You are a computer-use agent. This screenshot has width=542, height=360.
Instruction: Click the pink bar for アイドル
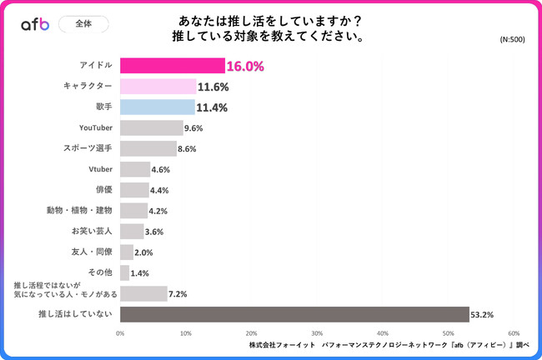pyautogui.click(x=172, y=66)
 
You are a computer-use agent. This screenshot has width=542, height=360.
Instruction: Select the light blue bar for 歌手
pyautogui.click(x=157, y=107)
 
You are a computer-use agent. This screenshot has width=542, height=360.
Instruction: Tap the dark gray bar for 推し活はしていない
pyautogui.click(x=294, y=314)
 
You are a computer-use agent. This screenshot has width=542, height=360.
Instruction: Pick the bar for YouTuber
pyautogui.click(x=151, y=127)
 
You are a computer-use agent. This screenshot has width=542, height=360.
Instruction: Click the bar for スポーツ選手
pyautogui.click(x=148, y=148)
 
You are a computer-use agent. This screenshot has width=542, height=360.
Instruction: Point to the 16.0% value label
pyautogui.click(x=246, y=66)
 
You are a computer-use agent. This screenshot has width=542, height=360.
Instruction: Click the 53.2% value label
pyautogui.click(x=483, y=314)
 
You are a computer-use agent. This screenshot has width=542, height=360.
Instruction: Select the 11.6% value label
pyautogui.click(x=213, y=87)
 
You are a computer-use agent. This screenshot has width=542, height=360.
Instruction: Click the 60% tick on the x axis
pyautogui.click(x=514, y=332)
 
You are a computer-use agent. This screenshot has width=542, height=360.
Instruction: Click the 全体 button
pyautogui.click(x=83, y=23)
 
